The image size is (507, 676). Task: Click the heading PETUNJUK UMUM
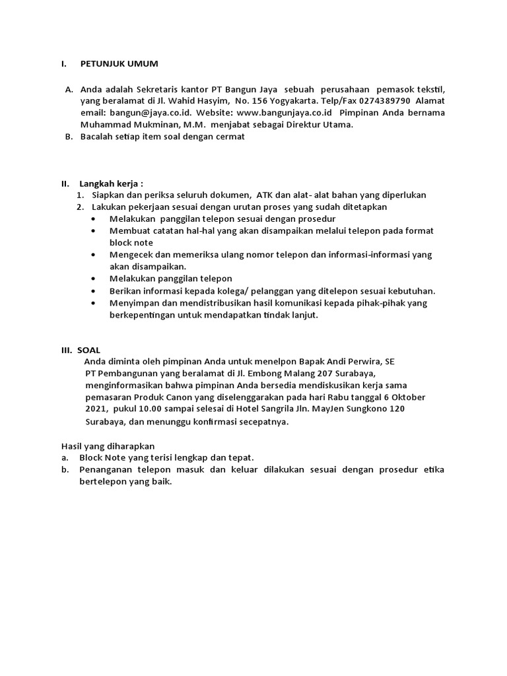coord(119,64)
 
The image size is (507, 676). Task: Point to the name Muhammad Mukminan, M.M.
coord(144,124)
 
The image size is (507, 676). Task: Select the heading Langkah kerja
coord(111,184)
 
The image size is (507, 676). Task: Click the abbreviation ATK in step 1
coord(267,195)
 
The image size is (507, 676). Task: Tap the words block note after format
coord(131,242)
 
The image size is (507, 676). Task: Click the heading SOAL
coord(88,350)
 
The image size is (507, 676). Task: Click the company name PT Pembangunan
coord(125,374)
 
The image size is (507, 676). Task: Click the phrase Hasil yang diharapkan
coord(108,446)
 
